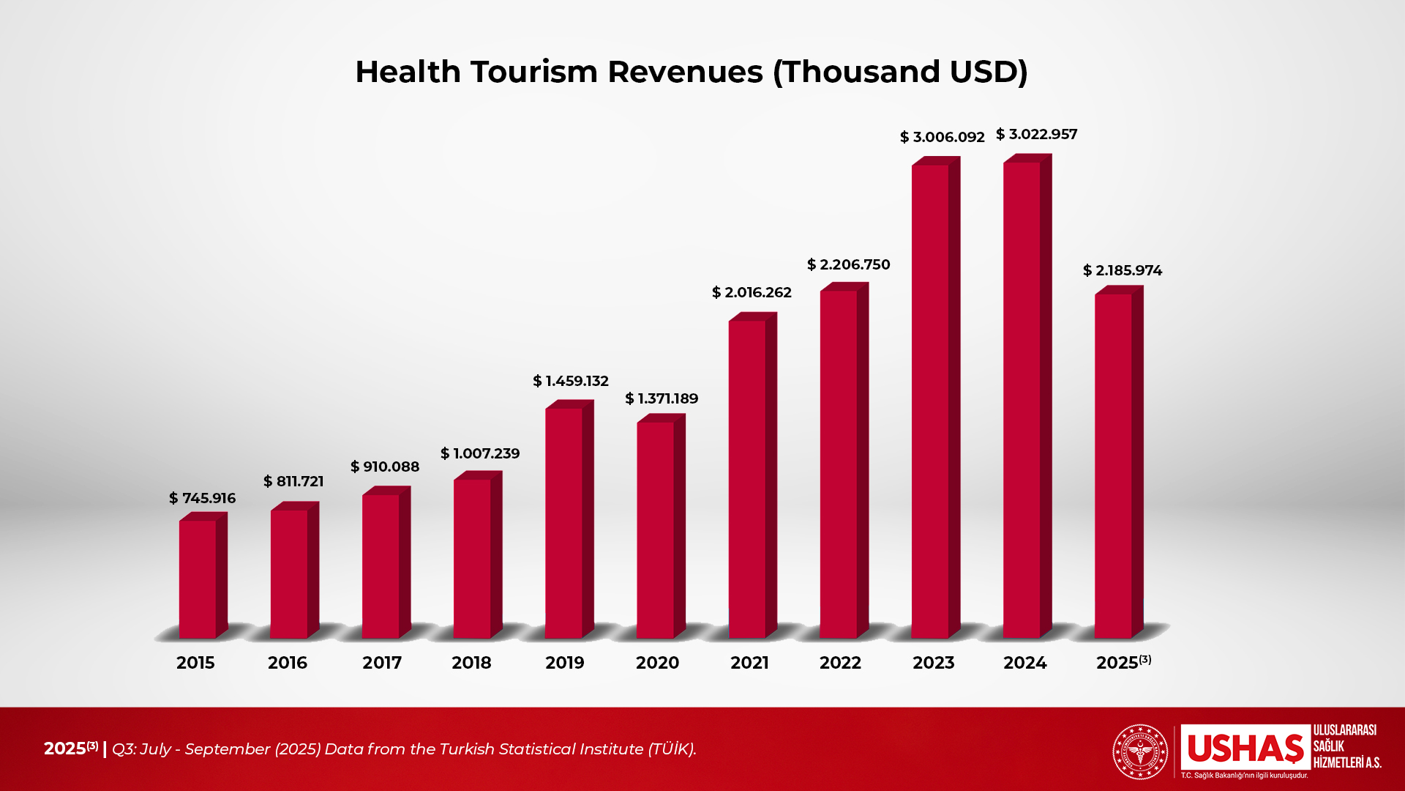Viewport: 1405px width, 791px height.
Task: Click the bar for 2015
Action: (x=198, y=579)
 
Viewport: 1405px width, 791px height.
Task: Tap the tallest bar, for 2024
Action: (x=1022, y=399)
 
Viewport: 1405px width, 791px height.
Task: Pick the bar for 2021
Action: (x=747, y=479)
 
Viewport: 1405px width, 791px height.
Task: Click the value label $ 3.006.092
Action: (x=942, y=137)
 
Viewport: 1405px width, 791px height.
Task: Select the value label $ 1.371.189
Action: (x=662, y=398)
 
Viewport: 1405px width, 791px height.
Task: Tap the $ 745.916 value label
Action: (x=202, y=498)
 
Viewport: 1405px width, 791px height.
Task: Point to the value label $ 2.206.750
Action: (x=848, y=264)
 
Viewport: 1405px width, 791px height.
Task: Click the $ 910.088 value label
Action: (x=384, y=467)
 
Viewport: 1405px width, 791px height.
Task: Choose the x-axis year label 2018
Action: (x=471, y=663)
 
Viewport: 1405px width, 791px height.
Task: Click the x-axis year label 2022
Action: (x=840, y=663)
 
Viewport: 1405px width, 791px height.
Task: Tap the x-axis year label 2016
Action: (x=287, y=663)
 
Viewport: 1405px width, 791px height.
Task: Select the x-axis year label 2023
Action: (x=933, y=663)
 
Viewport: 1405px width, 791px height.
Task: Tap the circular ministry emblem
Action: (x=1140, y=751)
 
